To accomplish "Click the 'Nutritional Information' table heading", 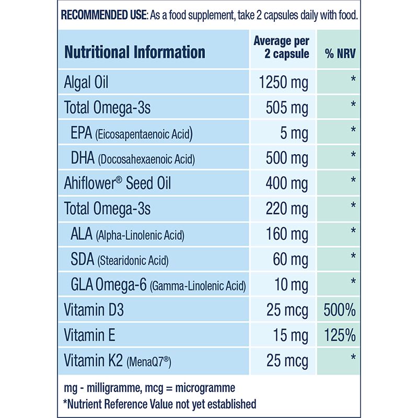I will click(x=134, y=52).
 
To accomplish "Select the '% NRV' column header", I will click(x=340, y=53).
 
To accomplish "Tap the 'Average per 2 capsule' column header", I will click(x=281, y=47).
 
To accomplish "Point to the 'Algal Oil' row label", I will click(x=86, y=82).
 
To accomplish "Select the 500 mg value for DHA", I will click(x=287, y=157).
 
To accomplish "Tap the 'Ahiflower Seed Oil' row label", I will click(x=117, y=182).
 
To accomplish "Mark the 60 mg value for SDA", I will click(x=291, y=258).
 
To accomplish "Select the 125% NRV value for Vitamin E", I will click(x=340, y=334).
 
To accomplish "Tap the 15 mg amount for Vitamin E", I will click(x=291, y=334).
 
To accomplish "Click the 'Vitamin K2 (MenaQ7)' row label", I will click(x=118, y=360).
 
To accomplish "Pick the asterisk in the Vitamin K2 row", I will click(x=353, y=358).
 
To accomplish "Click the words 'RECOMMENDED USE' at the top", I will click(x=103, y=14).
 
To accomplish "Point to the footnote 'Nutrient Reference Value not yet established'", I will click(x=159, y=403).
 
